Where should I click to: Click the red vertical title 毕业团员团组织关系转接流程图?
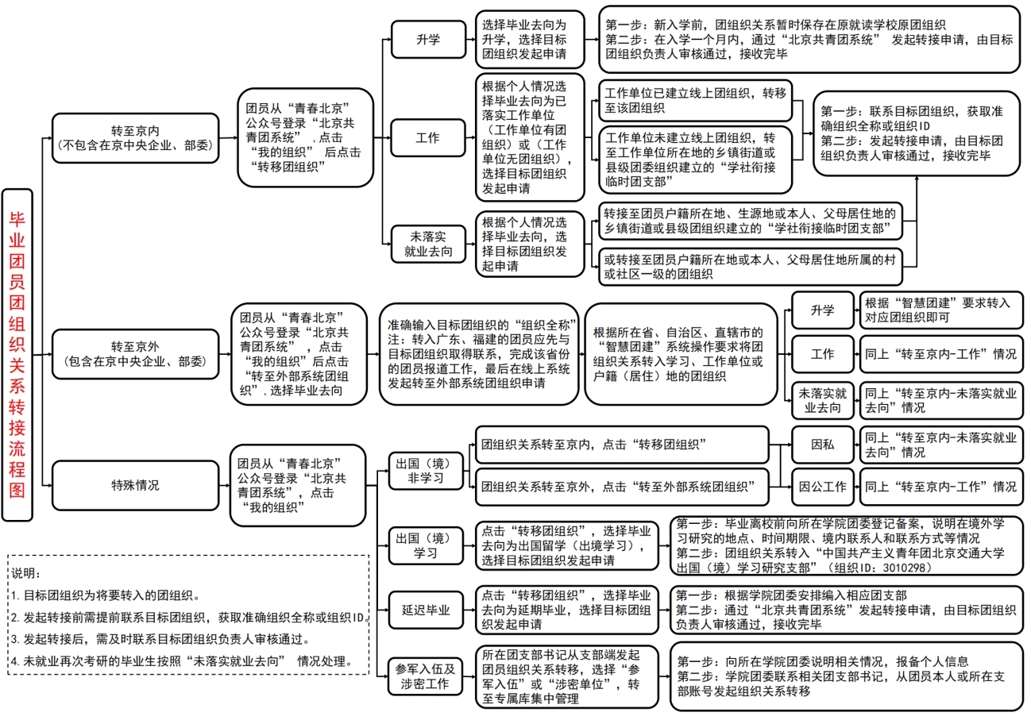(x=17, y=354)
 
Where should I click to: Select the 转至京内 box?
(x=134, y=137)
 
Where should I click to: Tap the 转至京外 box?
(x=134, y=354)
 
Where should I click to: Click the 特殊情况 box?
(x=134, y=484)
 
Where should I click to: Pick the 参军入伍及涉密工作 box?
(x=427, y=676)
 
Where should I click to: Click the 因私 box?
(x=822, y=445)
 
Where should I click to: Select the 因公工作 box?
(x=822, y=486)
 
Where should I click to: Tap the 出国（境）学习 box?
(x=427, y=545)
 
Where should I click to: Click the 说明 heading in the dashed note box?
(x=26, y=573)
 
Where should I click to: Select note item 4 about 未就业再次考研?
(x=181, y=661)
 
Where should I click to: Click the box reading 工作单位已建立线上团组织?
(x=693, y=101)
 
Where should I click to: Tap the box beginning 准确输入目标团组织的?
(x=478, y=354)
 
